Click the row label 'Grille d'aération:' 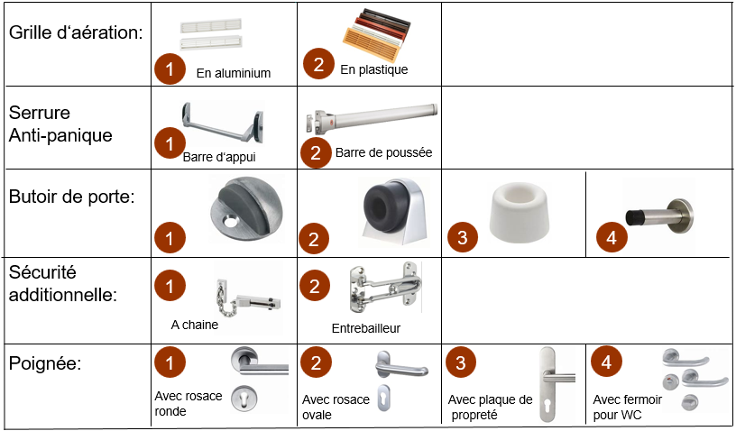[76, 32]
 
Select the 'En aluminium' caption [234, 73]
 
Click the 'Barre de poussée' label [383, 152]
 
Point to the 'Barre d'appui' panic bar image [223, 123]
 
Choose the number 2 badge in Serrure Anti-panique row [316, 152]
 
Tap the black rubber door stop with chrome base [395, 210]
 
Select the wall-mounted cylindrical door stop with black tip [659, 216]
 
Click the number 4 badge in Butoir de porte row [612, 237]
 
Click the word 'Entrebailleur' [365, 328]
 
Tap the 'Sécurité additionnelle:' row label [63, 283]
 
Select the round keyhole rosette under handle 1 [244, 399]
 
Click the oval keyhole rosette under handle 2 [384, 399]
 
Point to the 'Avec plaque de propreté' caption [490, 407]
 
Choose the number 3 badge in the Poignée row [461, 362]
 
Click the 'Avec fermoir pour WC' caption [627, 407]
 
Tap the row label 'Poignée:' [45, 363]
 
